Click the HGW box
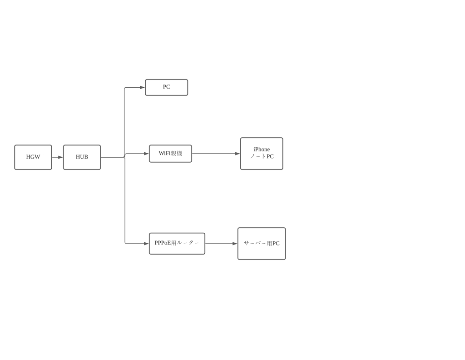[33, 157]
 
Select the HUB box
[82, 157]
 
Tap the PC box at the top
[166, 87]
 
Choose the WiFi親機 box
[171, 154]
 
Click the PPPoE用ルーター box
[177, 244]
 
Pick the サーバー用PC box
[262, 244]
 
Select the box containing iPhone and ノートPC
[262, 154]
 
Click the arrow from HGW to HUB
[58, 157]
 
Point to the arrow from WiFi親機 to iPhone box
[216, 154]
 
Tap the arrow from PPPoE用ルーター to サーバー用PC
[221, 244]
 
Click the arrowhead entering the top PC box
[142, 88]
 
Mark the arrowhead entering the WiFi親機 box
[146, 154]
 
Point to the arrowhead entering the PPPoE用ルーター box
[146, 244]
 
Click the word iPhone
[262, 150]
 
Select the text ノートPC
[262, 156]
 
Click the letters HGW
[33, 157]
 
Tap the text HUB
[82, 157]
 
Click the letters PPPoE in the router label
[163, 243]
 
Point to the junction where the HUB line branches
[124, 157]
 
